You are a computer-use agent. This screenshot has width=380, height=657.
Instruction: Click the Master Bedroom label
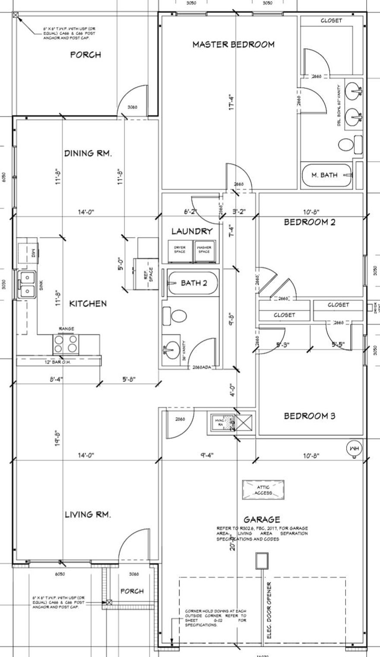[x=233, y=44]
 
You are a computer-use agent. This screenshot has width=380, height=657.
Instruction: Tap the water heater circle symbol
[x=354, y=449]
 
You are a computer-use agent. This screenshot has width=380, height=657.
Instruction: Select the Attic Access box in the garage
[x=263, y=490]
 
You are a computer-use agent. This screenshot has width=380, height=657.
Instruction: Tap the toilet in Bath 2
[x=174, y=317]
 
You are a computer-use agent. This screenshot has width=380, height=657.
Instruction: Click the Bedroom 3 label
[x=309, y=416]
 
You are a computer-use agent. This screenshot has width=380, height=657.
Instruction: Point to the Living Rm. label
[x=88, y=514]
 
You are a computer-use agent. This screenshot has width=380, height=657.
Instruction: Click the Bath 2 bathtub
[x=193, y=283]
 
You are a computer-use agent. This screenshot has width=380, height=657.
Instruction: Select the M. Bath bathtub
[x=326, y=175]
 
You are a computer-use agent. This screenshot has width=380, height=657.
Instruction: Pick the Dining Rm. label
[x=88, y=153]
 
